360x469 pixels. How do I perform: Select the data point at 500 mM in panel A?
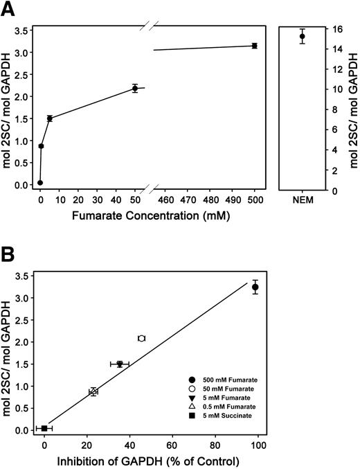[255, 46]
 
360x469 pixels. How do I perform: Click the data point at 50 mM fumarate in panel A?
[135, 88]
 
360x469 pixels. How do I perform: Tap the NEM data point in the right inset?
[302, 36]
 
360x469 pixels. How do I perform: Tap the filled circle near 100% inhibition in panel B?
[255, 287]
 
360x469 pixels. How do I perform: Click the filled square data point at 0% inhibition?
[44, 428]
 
